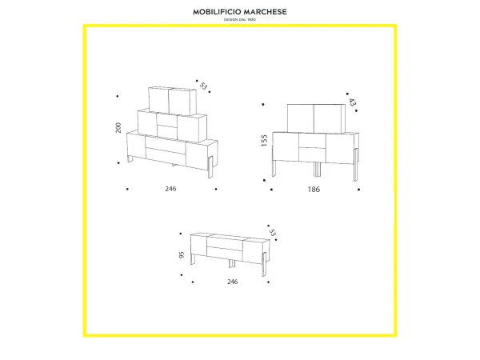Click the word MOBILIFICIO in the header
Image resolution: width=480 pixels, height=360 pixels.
pos(218,12)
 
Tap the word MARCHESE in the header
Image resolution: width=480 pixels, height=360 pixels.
pos(264,12)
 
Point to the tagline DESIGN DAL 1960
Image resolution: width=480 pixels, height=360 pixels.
pos(240,20)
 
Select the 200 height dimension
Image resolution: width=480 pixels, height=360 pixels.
pos(119,128)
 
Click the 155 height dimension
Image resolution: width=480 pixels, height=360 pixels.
pos(263,141)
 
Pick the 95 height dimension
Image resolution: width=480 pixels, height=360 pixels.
pos(182,256)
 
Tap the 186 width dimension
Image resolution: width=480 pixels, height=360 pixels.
pos(314,190)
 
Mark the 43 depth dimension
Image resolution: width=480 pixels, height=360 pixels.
pos(353,102)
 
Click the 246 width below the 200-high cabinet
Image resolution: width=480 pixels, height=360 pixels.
pos(170,189)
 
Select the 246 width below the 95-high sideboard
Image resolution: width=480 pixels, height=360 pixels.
pos(232,282)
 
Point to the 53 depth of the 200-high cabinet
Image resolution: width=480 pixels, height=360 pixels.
pos(203,86)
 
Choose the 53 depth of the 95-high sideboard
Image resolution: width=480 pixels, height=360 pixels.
pos(273,233)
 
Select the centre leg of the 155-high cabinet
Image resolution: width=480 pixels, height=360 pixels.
pos(317,170)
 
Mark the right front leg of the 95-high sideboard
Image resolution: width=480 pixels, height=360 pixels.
pos(262,267)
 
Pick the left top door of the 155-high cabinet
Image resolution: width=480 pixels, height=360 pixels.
pos(301,118)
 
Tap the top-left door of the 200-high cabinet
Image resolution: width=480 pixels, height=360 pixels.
pos(158,98)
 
